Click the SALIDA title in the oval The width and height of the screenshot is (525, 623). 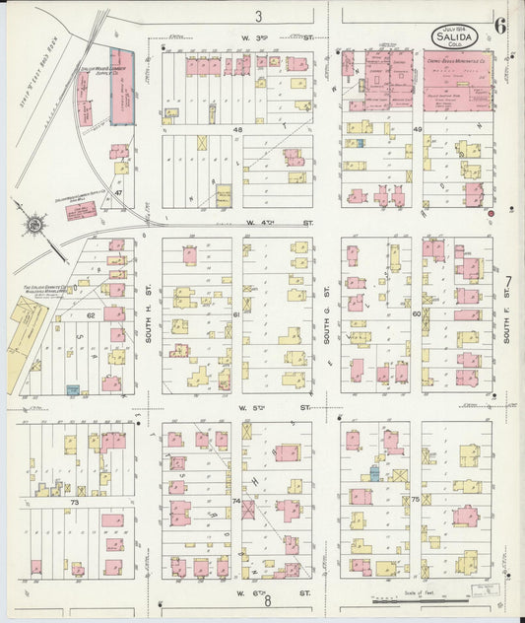click(x=454, y=37)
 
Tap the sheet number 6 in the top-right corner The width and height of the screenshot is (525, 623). click(x=500, y=28)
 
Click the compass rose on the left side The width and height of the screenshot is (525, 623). click(x=34, y=225)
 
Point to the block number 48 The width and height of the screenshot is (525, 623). click(x=237, y=130)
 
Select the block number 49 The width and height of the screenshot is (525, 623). click(x=418, y=130)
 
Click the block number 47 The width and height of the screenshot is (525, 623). click(x=118, y=193)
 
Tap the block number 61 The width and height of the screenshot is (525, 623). click(x=236, y=313)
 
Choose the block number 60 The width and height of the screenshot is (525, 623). click(x=417, y=313)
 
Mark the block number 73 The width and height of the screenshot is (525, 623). click(x=73, y=502)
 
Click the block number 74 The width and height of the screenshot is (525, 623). click(x=236, y=501)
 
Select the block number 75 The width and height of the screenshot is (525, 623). click(x=417, y=500)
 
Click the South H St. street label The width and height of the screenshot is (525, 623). click(x=149, y=315)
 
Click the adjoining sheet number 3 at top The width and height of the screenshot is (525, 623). click(x=258, y=16)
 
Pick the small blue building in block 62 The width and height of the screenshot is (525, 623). click(x=73, y=390)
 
